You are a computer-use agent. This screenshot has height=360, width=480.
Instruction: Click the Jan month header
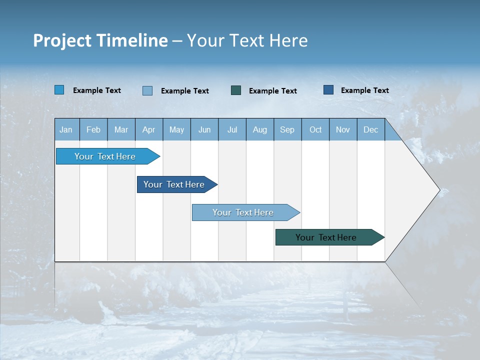[66, 130]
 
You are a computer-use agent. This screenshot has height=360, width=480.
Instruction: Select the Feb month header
[93, 130]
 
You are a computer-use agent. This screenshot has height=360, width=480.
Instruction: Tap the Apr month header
[149, 130]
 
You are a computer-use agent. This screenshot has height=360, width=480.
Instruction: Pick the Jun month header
[204, 130]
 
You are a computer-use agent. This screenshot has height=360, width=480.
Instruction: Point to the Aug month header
[260, 130]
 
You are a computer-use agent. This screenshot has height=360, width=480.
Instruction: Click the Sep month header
[287, 130]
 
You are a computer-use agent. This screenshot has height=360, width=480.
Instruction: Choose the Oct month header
[315, 130]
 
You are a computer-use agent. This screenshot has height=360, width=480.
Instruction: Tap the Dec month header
[371, 130]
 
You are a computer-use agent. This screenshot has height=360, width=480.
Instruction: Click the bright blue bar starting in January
[105, 156]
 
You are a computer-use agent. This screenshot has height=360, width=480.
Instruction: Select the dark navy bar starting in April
[174, 184]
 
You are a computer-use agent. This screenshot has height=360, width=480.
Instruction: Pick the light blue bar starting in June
[243, 212]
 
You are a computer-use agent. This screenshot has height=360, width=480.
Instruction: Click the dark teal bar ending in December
[326, 237]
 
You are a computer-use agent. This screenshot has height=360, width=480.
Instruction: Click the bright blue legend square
[59, 90]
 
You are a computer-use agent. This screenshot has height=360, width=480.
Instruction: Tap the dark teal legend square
[236, 90]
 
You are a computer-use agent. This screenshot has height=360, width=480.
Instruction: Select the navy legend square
[328, 90]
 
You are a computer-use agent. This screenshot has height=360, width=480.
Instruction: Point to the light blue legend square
[147, 90]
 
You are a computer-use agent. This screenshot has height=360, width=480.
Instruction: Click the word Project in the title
[62, 40]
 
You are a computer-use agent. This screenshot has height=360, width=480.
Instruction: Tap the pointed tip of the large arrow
[438, 190]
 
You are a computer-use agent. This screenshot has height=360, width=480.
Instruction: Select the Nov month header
[343, 130]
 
